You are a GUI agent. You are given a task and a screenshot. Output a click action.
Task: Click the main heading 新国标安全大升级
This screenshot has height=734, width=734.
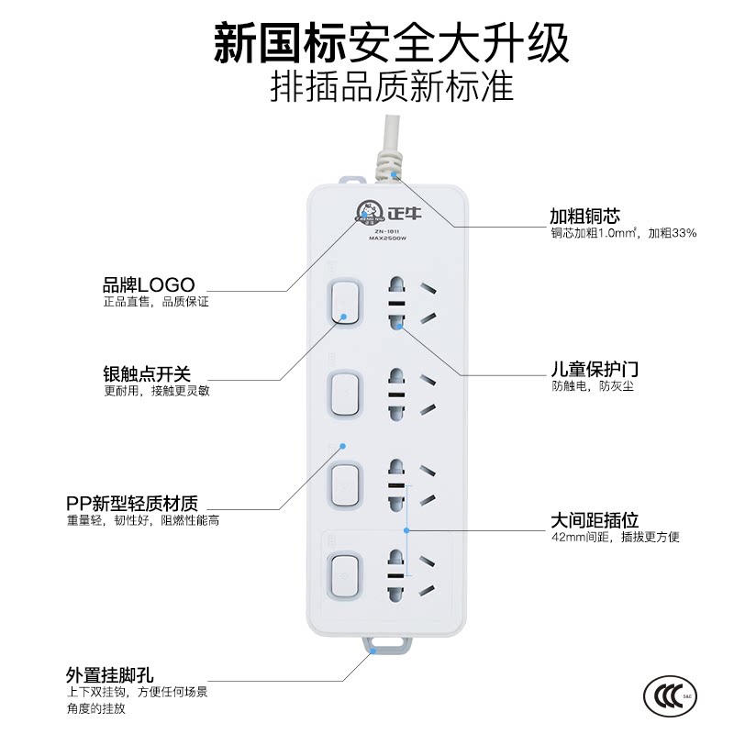pos(392,42)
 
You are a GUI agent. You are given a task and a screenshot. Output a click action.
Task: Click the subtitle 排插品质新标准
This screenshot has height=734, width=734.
pos(393,87)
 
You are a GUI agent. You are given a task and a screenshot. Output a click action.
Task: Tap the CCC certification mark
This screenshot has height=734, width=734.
pos(670,696)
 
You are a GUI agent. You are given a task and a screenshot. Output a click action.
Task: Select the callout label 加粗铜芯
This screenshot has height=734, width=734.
pos(584,216)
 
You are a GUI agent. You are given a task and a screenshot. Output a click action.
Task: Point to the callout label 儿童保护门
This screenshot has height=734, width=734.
pos(595,370)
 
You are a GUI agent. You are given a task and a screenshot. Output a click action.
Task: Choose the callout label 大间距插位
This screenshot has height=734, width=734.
pos(595,520)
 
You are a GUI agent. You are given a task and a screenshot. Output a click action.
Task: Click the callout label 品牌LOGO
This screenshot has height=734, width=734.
pos(149,284)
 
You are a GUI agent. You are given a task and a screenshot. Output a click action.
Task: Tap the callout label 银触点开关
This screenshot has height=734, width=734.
pos(147,374)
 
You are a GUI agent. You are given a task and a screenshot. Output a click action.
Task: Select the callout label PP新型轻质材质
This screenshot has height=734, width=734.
pos(132,503)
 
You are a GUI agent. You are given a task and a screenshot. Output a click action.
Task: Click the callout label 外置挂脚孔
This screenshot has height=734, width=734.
pos(109,675)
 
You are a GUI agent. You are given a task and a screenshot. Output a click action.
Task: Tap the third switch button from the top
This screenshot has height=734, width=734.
pos(346,485)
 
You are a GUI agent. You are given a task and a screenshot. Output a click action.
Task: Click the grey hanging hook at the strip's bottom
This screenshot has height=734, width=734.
pos(387,645)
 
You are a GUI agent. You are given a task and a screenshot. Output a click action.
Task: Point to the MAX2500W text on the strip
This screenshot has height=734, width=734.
pos(387,239)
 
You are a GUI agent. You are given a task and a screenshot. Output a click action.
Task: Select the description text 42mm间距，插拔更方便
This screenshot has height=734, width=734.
pos(615,537)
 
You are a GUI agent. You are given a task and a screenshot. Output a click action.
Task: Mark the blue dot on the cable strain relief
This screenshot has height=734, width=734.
pos(395,175)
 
